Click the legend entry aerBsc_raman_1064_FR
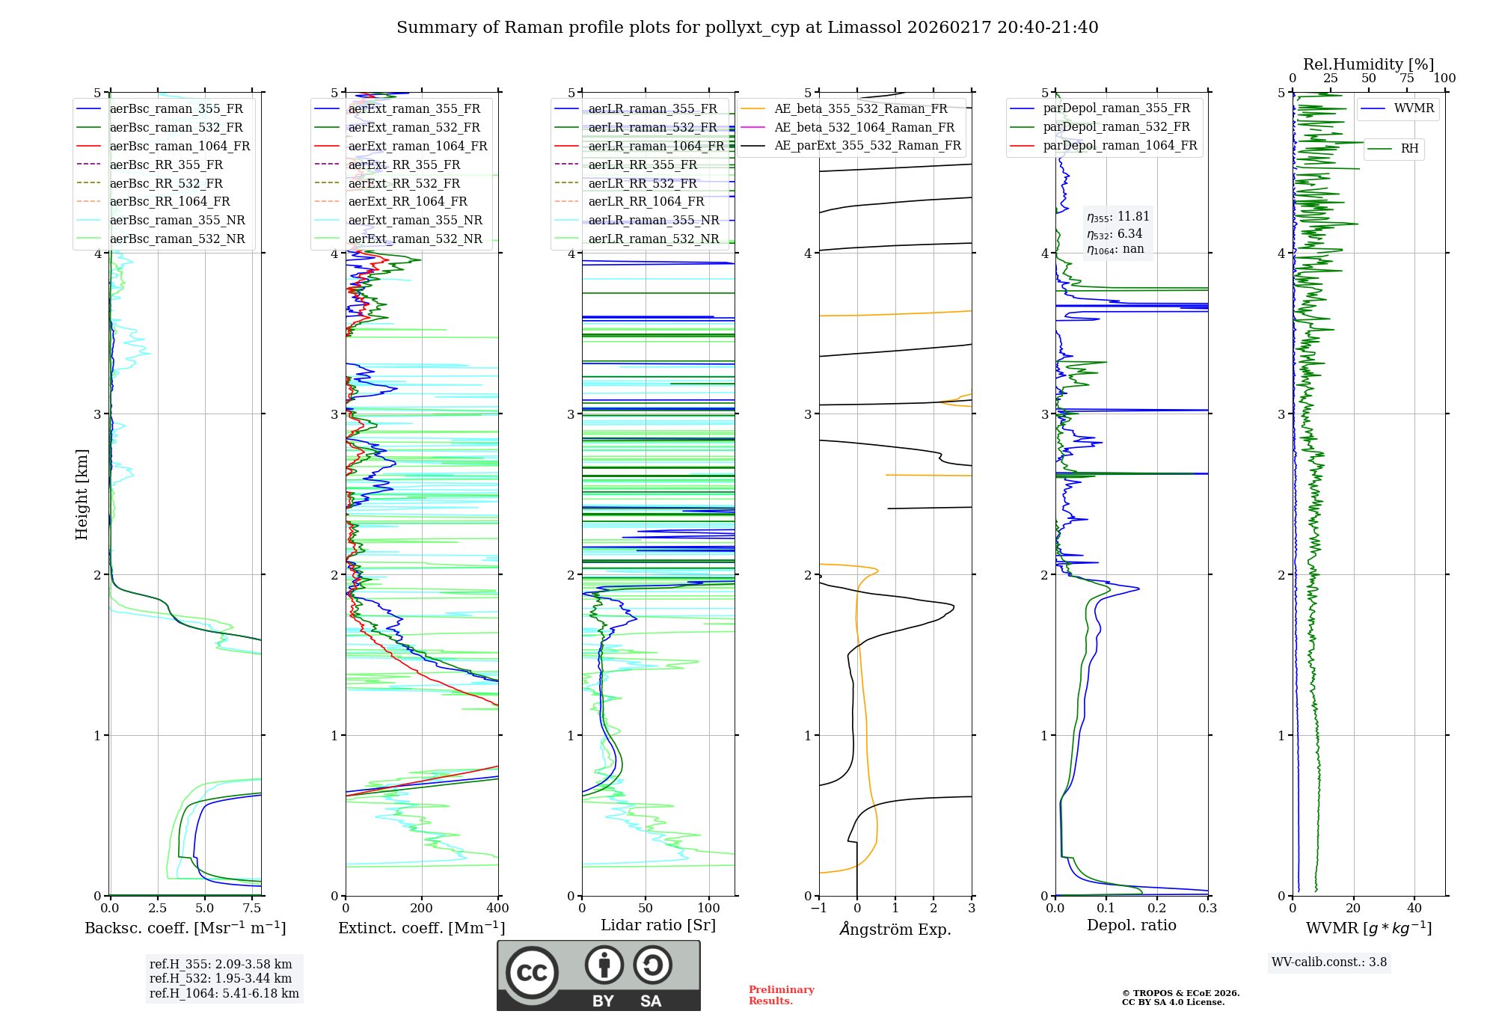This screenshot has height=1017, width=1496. coord(180,147)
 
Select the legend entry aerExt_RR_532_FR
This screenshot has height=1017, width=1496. coord(404,183)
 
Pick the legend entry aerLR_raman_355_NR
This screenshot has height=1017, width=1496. coord(653,221)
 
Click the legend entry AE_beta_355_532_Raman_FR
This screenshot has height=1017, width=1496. coord(860,109)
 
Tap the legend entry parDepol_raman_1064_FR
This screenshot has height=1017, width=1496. coord(1120,146)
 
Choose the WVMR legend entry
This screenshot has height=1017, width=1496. coord(1414,108)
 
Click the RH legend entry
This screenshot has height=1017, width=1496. coord(1409,149)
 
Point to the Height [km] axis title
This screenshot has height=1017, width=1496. coord(82,494)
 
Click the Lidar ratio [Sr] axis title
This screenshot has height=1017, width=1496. coord(658,926)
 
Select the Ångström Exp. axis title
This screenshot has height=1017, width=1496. coord(895,930)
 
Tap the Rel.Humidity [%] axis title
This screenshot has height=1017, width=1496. coord(1368,64)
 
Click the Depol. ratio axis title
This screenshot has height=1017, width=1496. coord(1131,926)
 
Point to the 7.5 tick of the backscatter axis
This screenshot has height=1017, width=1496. coord(252,909)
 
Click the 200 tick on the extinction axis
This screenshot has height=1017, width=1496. coord(422,909)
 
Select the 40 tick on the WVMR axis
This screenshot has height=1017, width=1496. coord(1414,909)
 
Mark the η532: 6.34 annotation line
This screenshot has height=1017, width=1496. coord(1115,234)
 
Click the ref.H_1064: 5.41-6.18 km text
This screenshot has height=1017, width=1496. coord(224,994)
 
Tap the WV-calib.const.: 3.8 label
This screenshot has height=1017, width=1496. coord(1329,962)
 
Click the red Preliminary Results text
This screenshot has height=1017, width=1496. coord(781,995)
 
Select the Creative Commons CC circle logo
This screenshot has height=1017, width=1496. coord(532,972)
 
